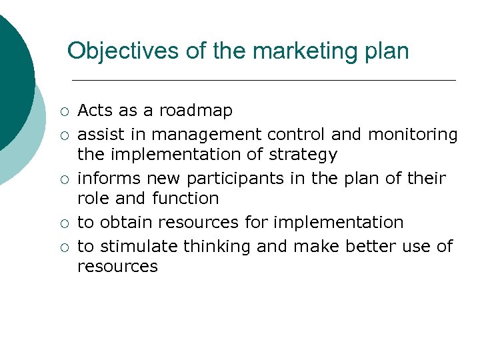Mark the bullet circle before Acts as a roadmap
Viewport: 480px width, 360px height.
pos(63,111)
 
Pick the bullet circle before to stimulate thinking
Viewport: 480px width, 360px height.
pos(63,247)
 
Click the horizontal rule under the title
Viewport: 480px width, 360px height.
pos(263,80)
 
